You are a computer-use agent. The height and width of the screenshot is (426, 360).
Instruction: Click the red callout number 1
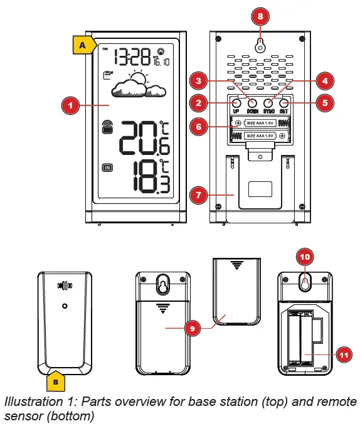coord(71,106)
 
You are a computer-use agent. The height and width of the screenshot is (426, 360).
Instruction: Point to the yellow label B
coord(56,380)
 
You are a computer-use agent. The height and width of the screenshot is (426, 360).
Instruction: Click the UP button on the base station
coord(236,103)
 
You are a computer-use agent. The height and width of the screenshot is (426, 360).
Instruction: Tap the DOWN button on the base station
coord(253,103)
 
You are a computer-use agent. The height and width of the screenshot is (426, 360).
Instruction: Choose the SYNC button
coord(268,103)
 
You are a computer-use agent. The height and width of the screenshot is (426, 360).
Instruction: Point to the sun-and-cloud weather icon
coord(135,87)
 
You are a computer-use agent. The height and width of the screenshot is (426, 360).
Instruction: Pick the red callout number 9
coord(194,327)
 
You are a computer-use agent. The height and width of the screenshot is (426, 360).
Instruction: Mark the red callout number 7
coord(199,195)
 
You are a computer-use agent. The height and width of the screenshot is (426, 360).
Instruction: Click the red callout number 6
coord(199,126)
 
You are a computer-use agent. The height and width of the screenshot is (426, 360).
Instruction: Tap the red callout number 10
coord(304,258)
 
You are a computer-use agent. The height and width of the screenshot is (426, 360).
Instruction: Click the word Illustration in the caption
coord(32,402)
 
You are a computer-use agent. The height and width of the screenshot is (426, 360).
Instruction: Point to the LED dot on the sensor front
coord(65,306)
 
